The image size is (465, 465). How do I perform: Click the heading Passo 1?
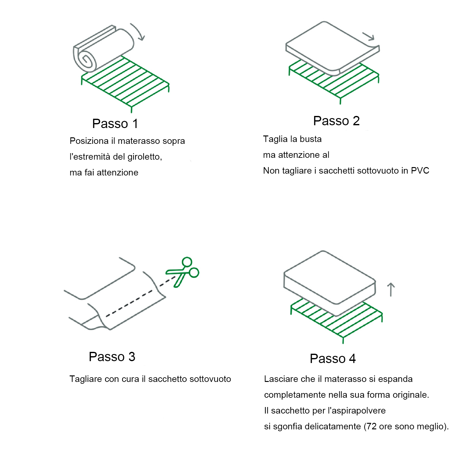115,123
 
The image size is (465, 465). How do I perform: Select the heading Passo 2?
336,121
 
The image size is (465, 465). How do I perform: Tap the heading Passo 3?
112,356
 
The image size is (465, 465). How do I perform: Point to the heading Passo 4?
333,358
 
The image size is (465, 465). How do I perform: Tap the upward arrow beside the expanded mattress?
391,290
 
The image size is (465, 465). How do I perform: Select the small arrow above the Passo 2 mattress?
369,36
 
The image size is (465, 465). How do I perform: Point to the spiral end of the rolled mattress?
86,60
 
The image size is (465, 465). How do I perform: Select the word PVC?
420,170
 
